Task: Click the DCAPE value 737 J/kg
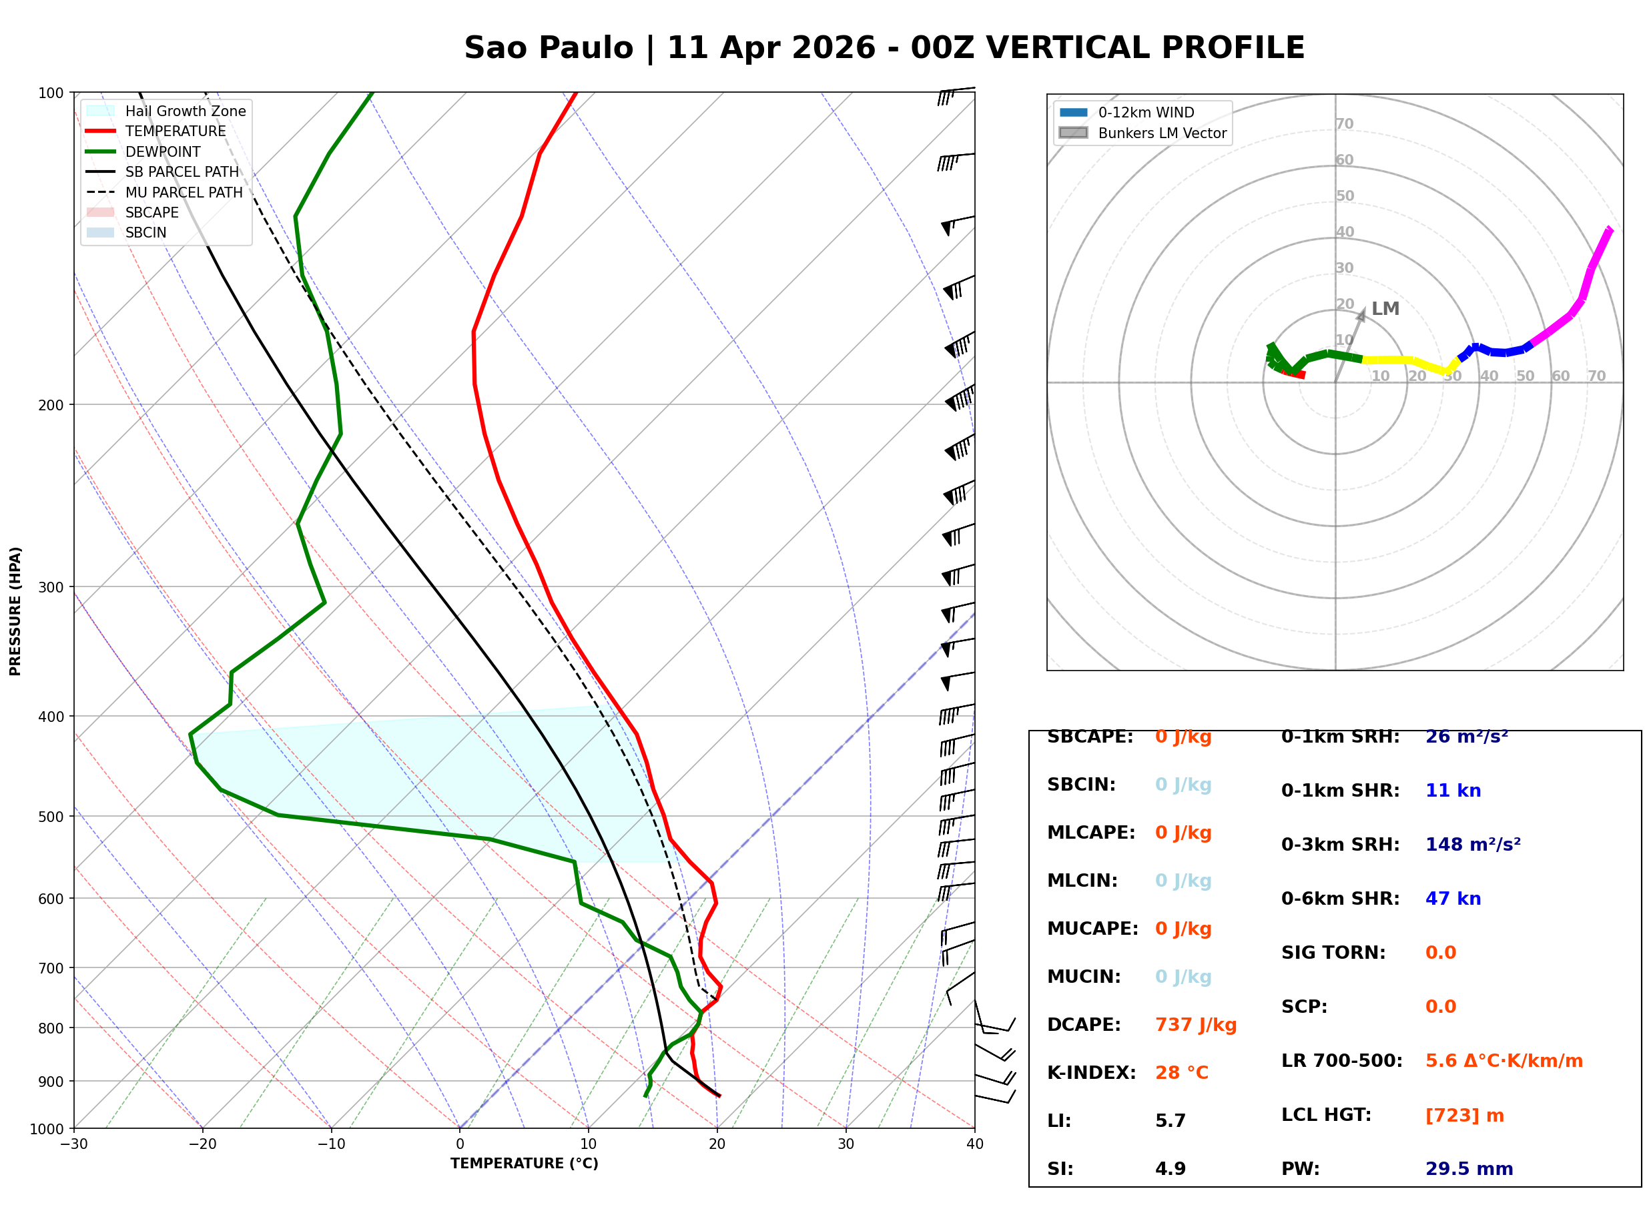(1195, 1024)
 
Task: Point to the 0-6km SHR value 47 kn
(1452, 898)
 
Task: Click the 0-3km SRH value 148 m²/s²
(1472, 844)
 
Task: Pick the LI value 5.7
(1170, 1120)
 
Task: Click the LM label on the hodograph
(1385, 308)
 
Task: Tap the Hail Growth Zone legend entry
(185, 111)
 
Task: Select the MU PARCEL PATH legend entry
(184, 192)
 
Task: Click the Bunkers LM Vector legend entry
(1162, 133)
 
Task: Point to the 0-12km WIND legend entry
(1146, 112)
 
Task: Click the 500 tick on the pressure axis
(51, 817)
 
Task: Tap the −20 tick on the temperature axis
(202, 1144)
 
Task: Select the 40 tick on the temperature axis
(974, 1144)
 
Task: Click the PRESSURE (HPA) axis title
(15, 610)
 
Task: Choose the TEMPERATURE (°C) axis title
(524, 1164)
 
